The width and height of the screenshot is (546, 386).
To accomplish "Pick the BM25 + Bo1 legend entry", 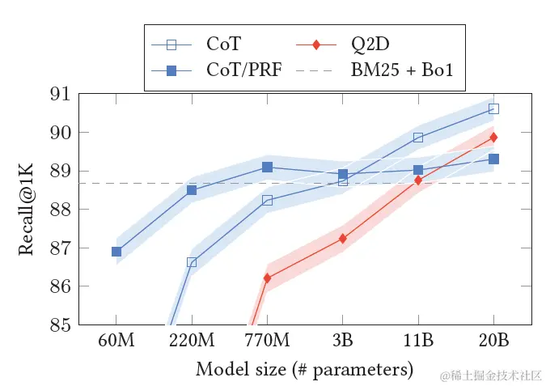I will click(x=400, y=71).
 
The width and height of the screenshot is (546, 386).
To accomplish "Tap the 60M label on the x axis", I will click(x=116, y=341).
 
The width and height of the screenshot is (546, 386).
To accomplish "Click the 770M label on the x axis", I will click(x=267, y=341).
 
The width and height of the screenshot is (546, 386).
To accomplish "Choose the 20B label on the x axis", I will click(x=493, y=341).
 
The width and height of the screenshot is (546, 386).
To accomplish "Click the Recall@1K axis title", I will click(x=26, y=209).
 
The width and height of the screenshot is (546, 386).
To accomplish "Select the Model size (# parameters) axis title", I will click(x=304, y=369).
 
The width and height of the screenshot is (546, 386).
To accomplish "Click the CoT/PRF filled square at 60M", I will click(x=116, y=252).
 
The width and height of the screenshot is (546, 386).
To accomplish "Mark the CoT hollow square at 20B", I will click(x=493, y=108).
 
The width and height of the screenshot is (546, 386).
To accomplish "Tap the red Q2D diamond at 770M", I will click(x=267, y=278).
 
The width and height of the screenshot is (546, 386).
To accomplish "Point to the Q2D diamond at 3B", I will click(x=343, y=239).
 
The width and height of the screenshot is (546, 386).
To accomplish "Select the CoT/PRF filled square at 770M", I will click(x=267, y=168).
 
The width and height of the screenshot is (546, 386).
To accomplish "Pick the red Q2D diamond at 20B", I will click(x=493, y=138).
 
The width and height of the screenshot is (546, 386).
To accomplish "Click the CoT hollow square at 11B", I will click(x=418, y=138).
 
